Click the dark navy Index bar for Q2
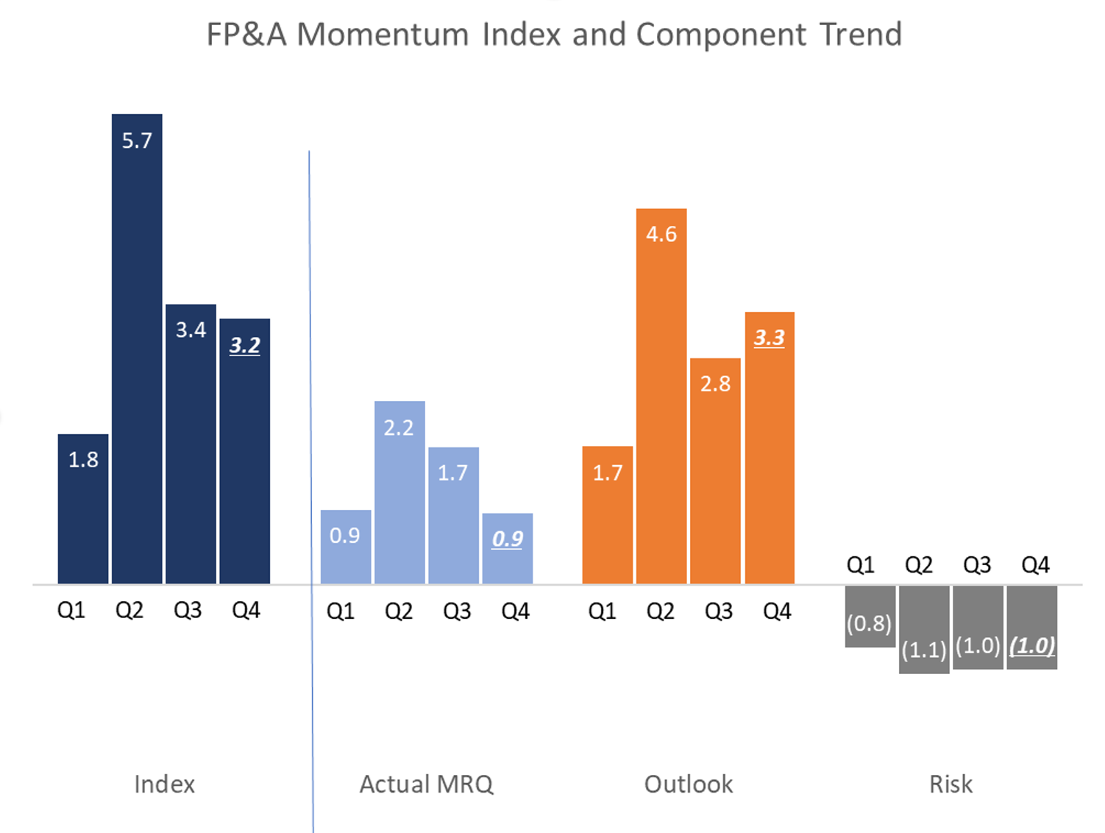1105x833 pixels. [x=137, y=353]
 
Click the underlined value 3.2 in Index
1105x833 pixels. [x=245, y=345]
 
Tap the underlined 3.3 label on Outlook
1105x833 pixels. [x=770, y=338]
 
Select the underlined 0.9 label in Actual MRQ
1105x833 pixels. [x=508, y=539]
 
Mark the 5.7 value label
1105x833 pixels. [x=137, y=141]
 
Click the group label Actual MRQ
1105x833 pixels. [x=426, y=784]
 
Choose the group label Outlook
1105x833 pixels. [x=689, y=784]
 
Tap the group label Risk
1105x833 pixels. [x=951, y=784]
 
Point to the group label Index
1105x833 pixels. [x=165, y=784]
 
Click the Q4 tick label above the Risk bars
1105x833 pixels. [x=1035, y=565]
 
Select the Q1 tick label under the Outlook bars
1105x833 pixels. [x=602, y=611]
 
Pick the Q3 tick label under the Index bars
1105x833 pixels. [x=188, y=610]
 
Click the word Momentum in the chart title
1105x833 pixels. [x=383, y=35]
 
